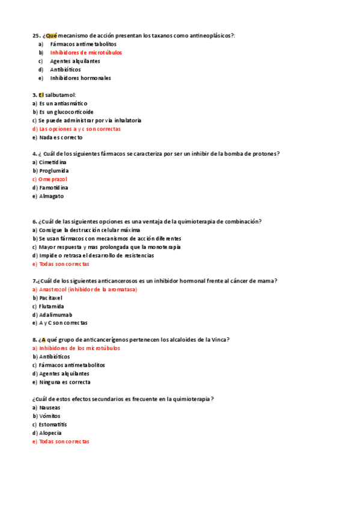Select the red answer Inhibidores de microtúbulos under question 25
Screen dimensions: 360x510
click(x=82, y=52)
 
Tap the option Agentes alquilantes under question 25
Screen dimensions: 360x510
click(x=75, y=61)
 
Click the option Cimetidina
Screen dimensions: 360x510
click(x=53, y=162)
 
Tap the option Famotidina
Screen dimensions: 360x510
click(x=53, y=188)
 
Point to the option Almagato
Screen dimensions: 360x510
click(x=51, y=196)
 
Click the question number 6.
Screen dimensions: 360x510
click(x=34, y=221)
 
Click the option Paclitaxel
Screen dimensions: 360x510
click(x=51, y=298)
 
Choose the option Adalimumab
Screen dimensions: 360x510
click(x=55, y=315)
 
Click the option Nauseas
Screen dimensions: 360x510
click(x=49, y=407)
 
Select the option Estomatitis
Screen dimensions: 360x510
click(x=53, y=424)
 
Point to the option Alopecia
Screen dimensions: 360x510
click(x=50, y=432)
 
